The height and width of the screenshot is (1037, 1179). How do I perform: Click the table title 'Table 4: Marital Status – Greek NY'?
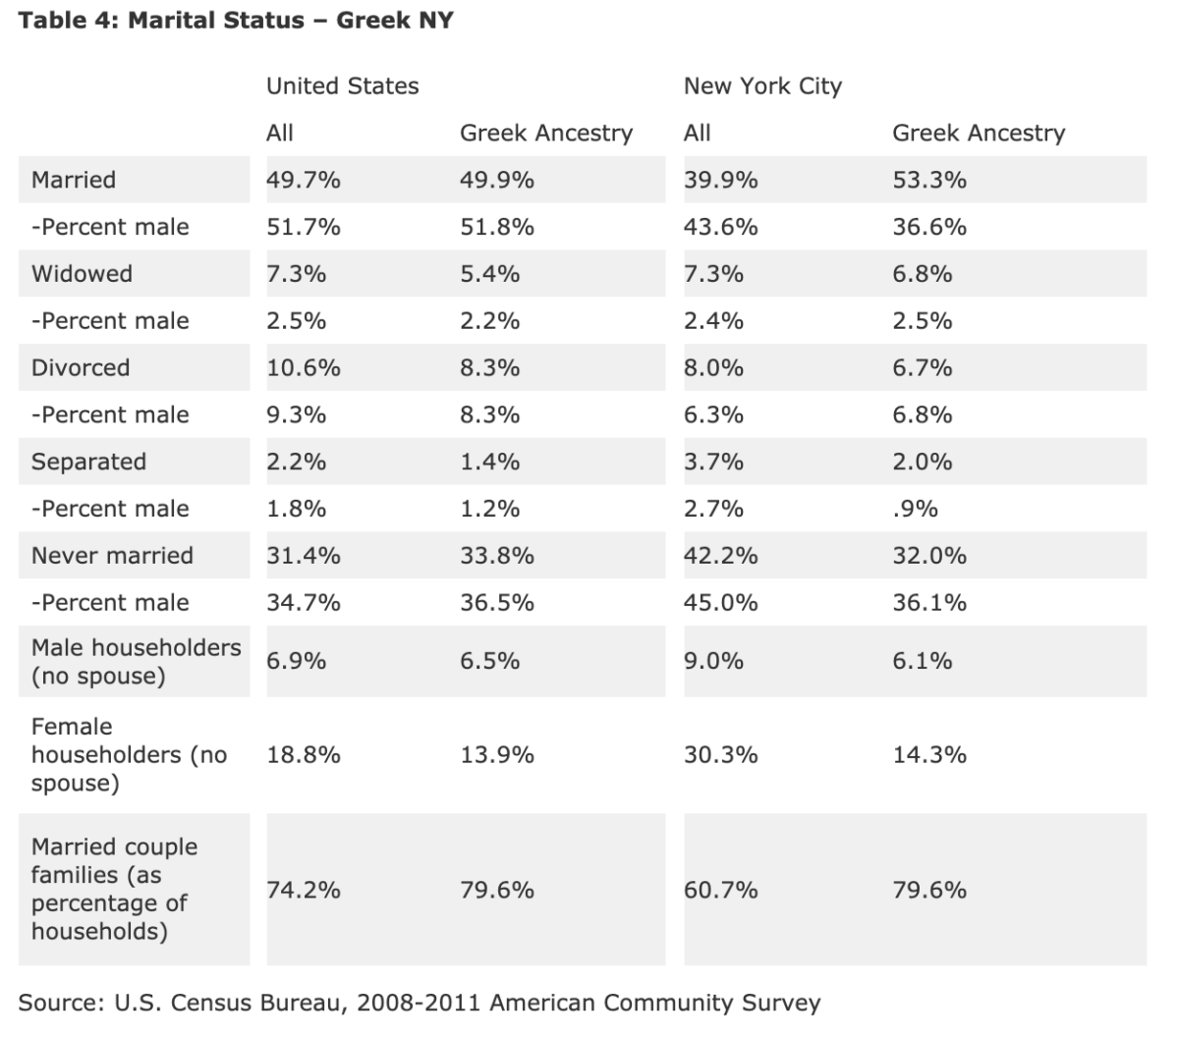[236, 21]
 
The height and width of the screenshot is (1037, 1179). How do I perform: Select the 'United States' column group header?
[342, 86]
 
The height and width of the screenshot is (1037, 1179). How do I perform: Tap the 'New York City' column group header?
[762, 86]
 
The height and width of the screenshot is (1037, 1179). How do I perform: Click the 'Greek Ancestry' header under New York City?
[978, 133]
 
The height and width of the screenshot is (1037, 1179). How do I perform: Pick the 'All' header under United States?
[280, 133]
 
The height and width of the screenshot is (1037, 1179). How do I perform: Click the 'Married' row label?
[74, 180]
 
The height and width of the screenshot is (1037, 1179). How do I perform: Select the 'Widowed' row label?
[82, 274]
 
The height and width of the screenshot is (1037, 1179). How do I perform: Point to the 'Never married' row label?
[112, 556]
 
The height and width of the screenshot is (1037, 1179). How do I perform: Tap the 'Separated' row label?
[88, 462]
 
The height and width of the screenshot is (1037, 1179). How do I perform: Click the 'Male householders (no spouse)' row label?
[136, 662]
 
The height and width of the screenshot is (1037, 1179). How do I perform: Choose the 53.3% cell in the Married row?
[928, 180]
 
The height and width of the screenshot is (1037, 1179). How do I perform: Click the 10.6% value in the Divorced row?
[303, 368]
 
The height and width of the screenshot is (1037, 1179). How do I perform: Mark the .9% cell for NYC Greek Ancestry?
[915, 509]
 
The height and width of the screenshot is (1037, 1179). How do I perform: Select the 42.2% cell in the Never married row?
[720, 556]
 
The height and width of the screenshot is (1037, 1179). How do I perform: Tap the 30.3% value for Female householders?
[720, 755]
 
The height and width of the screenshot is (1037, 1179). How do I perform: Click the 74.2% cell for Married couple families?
[303, 890]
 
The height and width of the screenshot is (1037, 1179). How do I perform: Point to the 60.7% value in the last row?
[720, 890]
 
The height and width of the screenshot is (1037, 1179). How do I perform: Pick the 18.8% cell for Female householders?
[303, 755]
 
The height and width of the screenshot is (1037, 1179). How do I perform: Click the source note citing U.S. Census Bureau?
[419, 1003]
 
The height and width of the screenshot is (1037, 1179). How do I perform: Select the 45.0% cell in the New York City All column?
[720, 603]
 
